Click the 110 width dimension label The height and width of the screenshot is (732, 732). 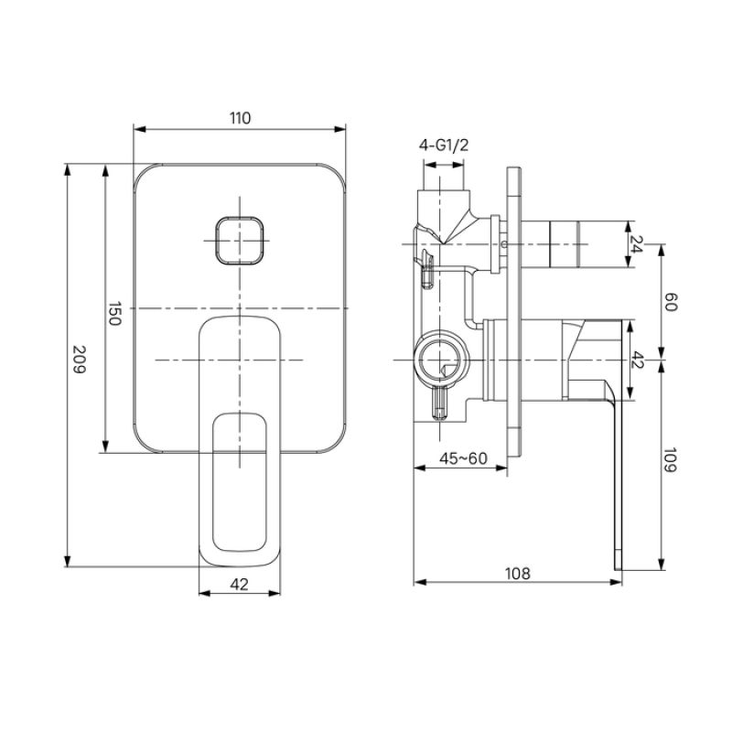239,118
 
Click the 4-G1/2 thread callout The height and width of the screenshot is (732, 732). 444,145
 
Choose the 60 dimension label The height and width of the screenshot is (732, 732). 670,303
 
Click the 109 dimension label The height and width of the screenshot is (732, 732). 670,460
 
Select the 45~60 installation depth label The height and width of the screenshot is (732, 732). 463,458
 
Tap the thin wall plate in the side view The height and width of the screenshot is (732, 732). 515,311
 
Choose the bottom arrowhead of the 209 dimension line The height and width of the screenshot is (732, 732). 69,562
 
